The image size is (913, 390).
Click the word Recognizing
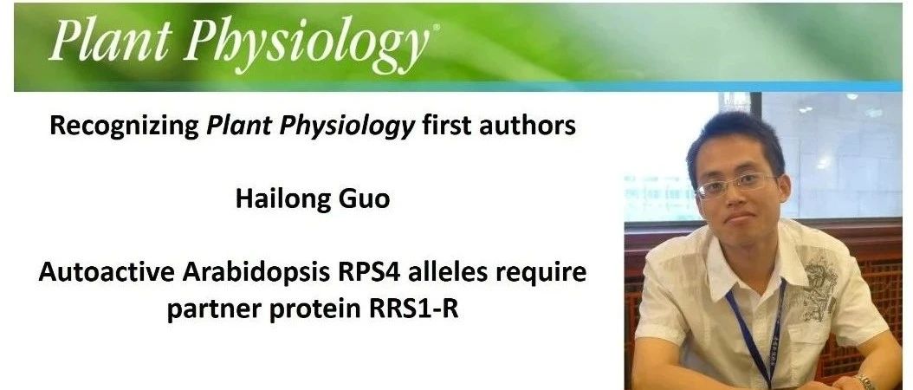click(x=125, y=127)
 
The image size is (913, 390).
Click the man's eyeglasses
click(x=737, y=185)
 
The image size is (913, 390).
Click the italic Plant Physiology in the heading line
click(x=310, y=127)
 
